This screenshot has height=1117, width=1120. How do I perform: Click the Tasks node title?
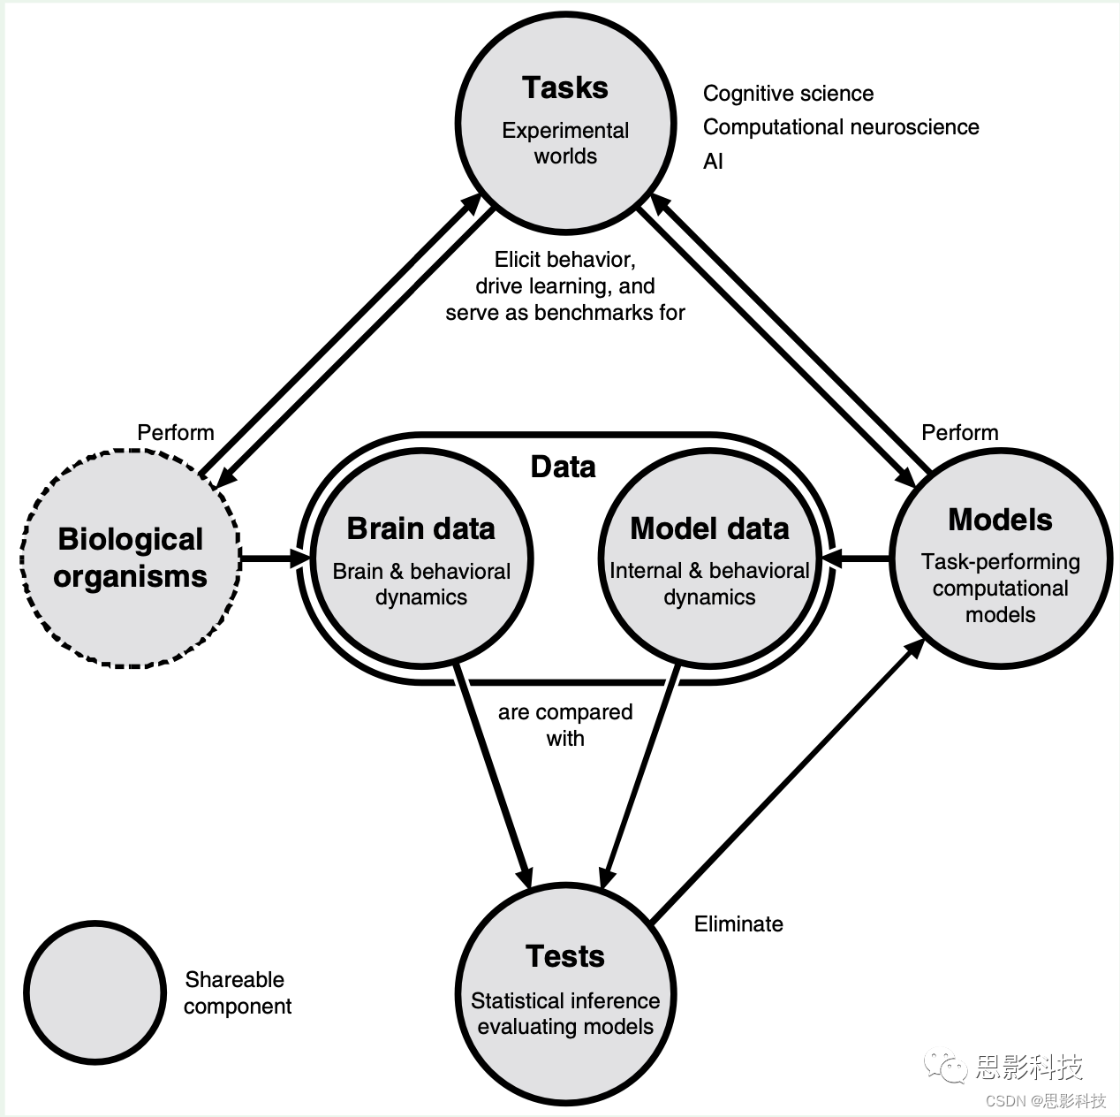(564, 87)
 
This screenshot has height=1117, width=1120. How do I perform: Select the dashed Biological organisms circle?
(130, 558)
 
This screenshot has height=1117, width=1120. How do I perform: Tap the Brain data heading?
(420, 528)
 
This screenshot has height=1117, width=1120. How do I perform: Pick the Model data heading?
(709, 528)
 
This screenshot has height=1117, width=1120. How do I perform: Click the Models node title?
(1000, 520)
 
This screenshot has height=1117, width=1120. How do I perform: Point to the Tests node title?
(565, 956)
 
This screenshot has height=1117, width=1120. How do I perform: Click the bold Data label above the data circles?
(563, 467)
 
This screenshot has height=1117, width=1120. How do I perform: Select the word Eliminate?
(738, 924)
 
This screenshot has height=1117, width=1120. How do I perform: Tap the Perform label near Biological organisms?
(176, 432)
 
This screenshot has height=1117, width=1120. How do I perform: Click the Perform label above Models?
(960, 432)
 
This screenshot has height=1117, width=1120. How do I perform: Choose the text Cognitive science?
(788, 94)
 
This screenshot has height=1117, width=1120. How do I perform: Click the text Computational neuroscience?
(841, 127)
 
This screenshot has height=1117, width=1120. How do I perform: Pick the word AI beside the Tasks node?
(713, 161)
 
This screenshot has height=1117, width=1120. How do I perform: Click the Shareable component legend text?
(237, 992)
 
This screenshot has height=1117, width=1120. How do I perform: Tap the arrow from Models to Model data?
(855, 558)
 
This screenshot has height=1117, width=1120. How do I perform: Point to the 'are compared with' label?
(565, 725)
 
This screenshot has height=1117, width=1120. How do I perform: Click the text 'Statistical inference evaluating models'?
(565, 1014)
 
